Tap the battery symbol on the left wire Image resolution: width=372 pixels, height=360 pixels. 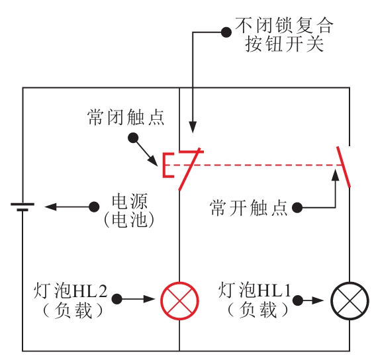[23, 206]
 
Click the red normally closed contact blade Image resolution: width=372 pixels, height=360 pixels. [189, 169]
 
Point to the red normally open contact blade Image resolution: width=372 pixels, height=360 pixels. [344, 167]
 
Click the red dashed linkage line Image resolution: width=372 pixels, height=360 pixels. [256, 165]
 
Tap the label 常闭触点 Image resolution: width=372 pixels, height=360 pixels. [126, 117]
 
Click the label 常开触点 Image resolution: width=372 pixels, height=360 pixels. [248, 208]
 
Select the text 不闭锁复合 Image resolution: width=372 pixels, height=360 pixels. [284, 25]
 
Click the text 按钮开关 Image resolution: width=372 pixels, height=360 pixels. [284, 44]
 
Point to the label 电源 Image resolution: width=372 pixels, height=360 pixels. [130, 201]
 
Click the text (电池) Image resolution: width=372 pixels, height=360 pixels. [129, 219]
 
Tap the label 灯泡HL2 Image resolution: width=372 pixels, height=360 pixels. [70, 291]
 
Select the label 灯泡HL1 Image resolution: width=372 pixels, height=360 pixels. [255, 290]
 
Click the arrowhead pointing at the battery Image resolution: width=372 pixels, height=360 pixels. [50, 206]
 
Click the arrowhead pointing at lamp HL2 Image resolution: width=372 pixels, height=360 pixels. [149, 299]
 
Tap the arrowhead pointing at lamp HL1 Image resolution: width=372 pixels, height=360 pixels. [318, 300]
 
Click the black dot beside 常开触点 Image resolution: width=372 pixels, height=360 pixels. [297, 208]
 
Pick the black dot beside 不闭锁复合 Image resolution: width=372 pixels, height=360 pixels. [226, 32]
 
